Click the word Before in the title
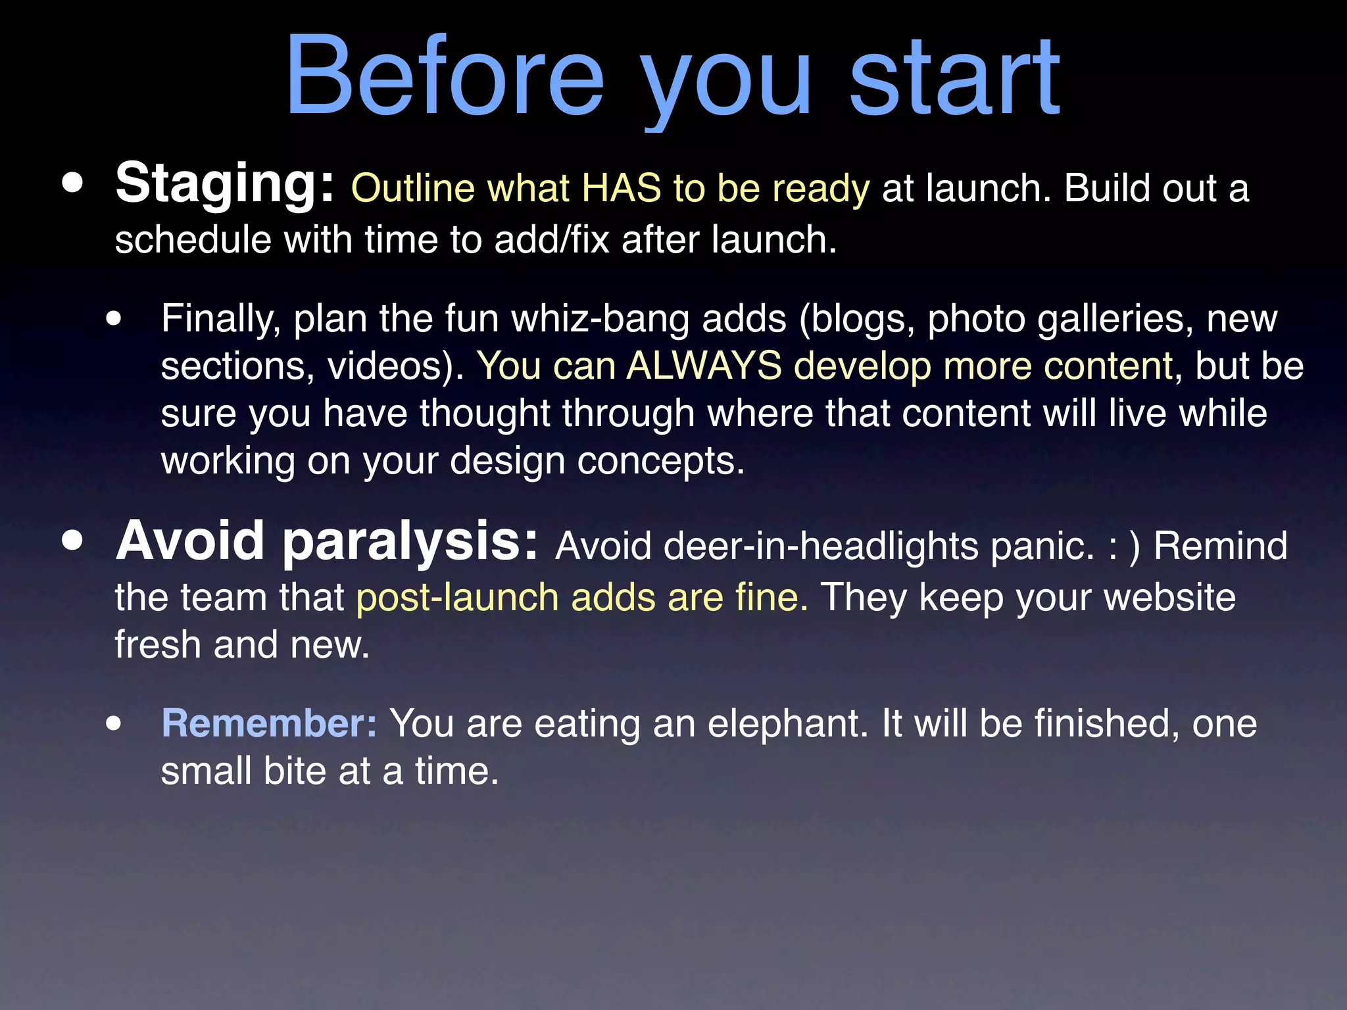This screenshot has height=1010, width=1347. tap(444, 76)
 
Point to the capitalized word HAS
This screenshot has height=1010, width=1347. tap(622, 189)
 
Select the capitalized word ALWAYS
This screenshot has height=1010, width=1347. tap(704, 366)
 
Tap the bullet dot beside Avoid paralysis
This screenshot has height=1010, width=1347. tap(73, 541)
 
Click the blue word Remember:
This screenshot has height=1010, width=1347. tap(269, 724)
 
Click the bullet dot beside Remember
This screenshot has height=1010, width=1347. tap(114, 723)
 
